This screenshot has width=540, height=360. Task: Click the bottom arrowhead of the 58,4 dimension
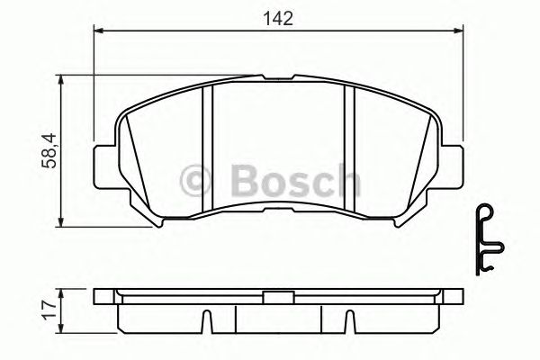tap(60, 221)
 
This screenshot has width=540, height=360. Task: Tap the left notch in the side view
tap(206, 320)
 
